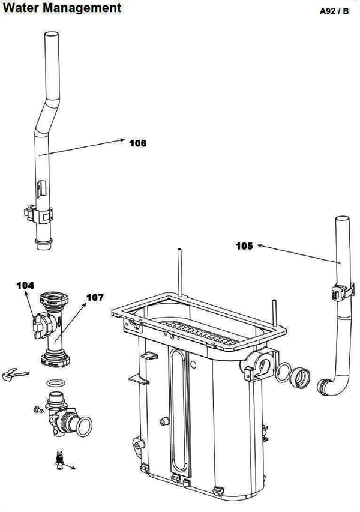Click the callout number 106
tap(138, 143)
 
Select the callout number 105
tap(244, 246)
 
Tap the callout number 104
tap(25, 285)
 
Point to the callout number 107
tap(95, 297)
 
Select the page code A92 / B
tap(334, 11)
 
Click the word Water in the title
tap(25, 8)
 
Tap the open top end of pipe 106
tap(52, 34)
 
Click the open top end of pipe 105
tap(343, 218)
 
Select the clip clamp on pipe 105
tap(343, 292)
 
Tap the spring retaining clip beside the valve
tap(15, 374)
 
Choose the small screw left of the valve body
tap(38, 410)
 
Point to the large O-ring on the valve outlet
tap(84, 427)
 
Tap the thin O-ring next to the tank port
tap(283, 372)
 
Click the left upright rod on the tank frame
tap(179, 272)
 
